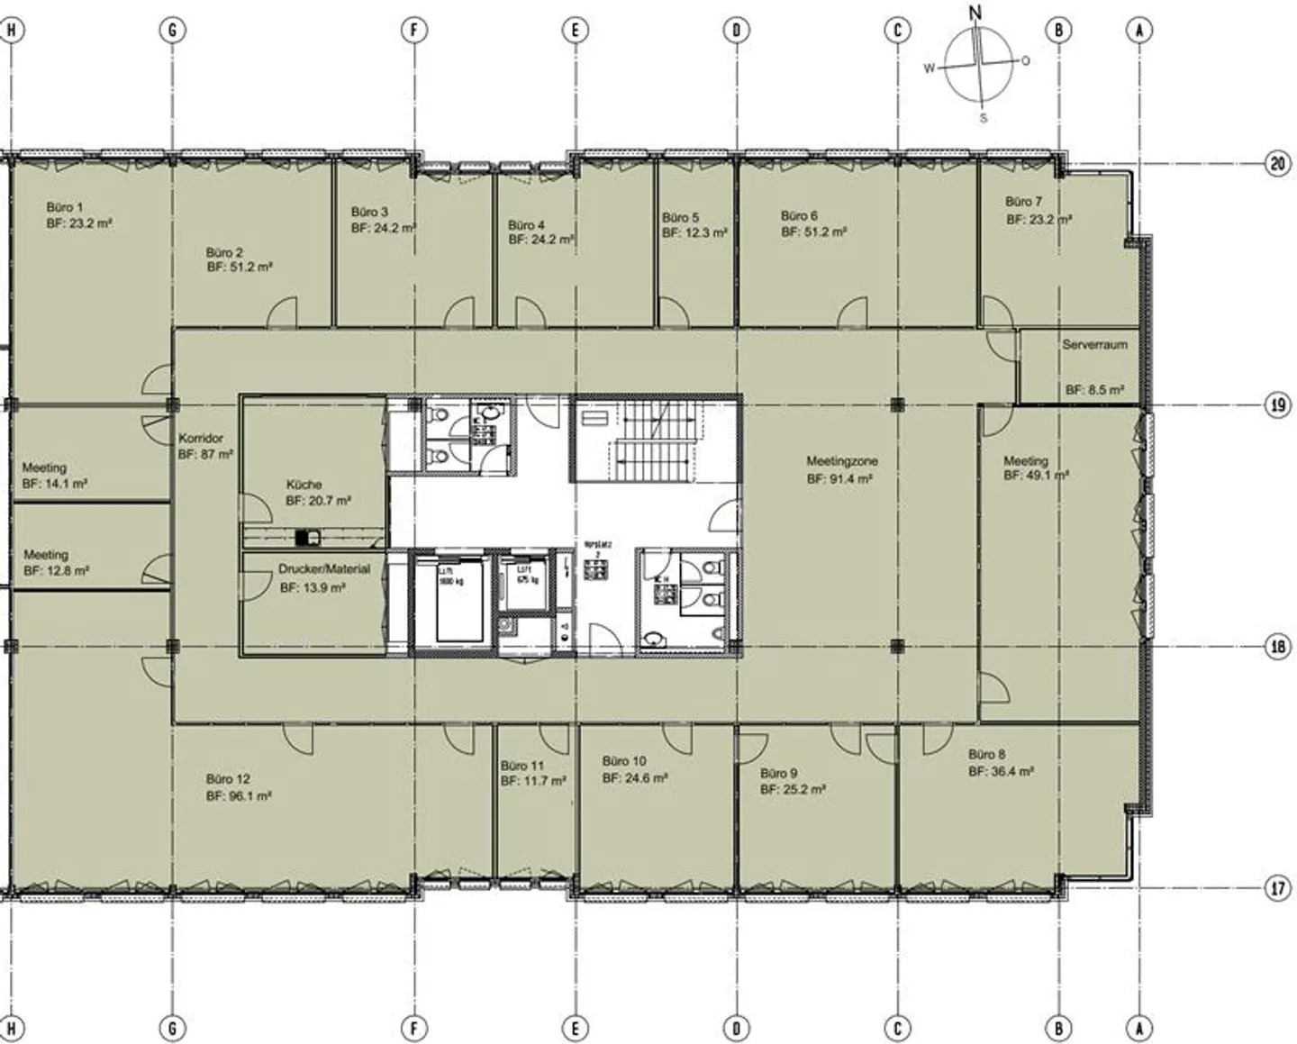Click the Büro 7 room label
coord(1023,202)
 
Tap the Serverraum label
coord(1093,344)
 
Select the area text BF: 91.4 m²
coord(839,480)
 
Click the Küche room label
coord(304,484)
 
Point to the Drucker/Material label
coord(323,569)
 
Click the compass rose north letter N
coord(975,13)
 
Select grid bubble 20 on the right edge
coord(1277,164)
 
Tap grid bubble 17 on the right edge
coord(1277,889)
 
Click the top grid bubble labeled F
coord(413,31)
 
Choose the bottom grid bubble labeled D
coord(736,1028)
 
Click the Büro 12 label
coord(228,779)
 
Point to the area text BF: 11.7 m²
coord(533,781)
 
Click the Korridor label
coord(200,439)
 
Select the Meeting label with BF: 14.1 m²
coord(44,468)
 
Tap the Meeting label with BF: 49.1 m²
coord(1026,460)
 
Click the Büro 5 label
coord(680,217)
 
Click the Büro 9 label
coord(778,773)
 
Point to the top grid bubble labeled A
coord(1139,31)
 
